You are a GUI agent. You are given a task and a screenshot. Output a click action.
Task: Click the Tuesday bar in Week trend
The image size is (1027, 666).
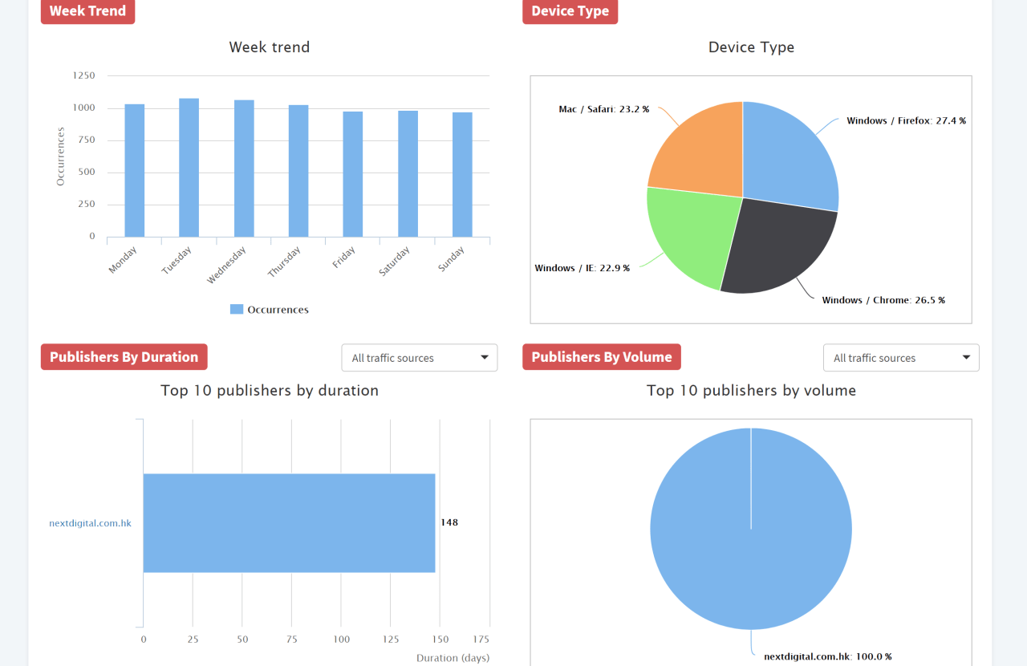tap(189, 168)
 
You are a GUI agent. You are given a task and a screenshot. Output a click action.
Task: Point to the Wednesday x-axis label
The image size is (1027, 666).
tap(226, 265)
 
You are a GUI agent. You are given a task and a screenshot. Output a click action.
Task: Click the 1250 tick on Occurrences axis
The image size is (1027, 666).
tap(84, 75)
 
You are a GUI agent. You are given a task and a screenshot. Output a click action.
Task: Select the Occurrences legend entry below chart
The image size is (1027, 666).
tap(270, 310)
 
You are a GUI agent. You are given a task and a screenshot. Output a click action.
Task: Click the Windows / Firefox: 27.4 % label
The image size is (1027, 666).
tap(906, 121)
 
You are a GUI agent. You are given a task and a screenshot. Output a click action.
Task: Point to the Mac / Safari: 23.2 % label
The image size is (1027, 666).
tap(603, 109)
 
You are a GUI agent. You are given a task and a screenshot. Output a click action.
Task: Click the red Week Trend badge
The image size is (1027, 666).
tap(87, 11)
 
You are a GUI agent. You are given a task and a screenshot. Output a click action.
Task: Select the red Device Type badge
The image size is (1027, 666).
tap(570, 11)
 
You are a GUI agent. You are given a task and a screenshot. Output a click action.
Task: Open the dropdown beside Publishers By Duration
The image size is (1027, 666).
tap(420, 358)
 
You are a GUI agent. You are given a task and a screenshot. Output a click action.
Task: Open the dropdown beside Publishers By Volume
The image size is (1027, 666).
tap(901, 358)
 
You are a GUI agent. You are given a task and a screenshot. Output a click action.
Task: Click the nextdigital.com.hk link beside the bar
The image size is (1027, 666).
tap(90, 523)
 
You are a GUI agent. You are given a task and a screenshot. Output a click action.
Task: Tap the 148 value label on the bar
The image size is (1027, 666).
tap(449, 522)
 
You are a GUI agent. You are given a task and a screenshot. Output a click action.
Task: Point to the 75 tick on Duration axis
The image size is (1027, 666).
tap(292, 640)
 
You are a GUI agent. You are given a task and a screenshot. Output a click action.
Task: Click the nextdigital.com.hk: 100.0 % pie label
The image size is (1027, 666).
tap(827, 656)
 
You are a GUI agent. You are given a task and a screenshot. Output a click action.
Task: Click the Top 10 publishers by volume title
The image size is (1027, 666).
tap(751, 391)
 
